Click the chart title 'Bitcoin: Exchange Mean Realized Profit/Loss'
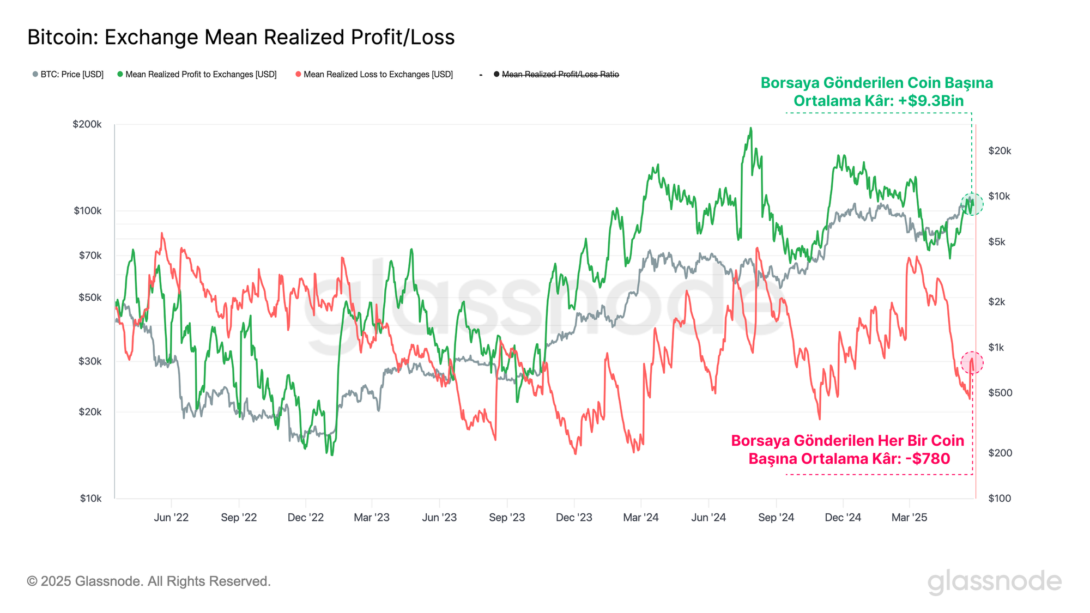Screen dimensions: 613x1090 coord(241,37)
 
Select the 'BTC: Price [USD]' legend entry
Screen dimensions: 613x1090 coord(68,74)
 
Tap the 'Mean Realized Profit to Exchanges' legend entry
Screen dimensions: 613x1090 coord(197,74)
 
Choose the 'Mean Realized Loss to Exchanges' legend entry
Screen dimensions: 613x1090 coord(374,74)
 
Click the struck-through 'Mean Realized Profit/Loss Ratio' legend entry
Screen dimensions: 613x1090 coord(556,74)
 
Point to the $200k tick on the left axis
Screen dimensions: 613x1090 coord(87,124)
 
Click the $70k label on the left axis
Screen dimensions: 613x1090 coord(90,255)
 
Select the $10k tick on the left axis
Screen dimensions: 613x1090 coord(90,498)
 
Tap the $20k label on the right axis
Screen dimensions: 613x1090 coord(1000,151)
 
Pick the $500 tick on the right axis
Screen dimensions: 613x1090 coord(1000,393)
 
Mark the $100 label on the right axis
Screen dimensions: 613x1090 coord(1000,498)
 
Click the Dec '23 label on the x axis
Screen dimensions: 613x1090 coord(574,517)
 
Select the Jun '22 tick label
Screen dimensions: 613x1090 coord(171,517)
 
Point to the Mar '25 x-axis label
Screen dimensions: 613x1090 coord(909,517)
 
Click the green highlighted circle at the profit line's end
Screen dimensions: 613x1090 coord(972,204)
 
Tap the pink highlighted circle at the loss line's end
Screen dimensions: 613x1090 coord(972,362)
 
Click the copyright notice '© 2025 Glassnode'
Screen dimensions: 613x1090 coord(149,581)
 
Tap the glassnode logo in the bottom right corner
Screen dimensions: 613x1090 coord(995,582)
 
